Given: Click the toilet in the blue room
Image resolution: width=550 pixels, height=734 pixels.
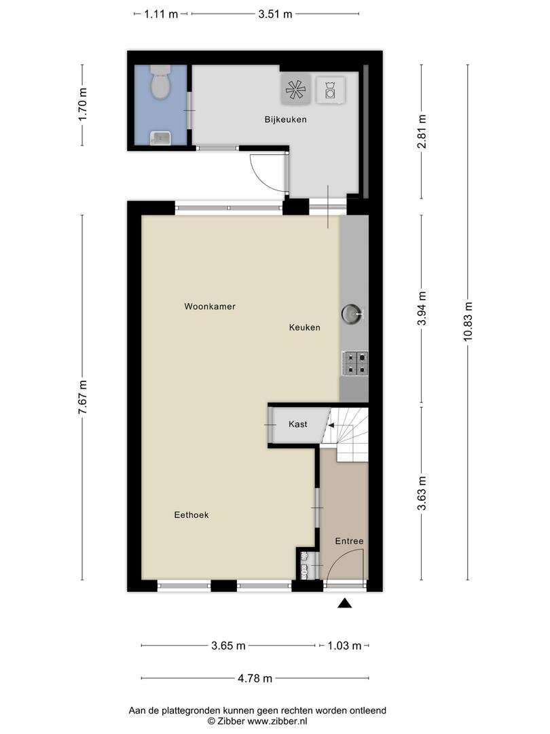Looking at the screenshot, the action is (160, 82).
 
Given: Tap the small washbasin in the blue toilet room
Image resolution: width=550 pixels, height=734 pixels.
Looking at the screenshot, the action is (160, 138).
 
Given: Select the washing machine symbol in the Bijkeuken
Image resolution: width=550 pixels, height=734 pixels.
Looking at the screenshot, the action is (331, 90).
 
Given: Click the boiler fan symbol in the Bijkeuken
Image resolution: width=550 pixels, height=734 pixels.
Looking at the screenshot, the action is (295, 88).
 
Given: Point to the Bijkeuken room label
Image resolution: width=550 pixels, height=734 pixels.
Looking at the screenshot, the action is (285, 120).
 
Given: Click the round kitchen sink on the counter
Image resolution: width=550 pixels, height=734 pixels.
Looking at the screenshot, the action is (352, 313).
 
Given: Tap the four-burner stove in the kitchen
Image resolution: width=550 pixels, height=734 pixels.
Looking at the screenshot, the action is (355, 364).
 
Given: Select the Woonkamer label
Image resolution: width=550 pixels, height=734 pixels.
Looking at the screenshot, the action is (210, 307).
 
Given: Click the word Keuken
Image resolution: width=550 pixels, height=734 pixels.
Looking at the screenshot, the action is (304, 327).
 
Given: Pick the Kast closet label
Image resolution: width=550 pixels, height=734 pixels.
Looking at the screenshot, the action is (298, 424).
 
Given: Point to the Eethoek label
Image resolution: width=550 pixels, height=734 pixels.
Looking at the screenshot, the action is (191, 515).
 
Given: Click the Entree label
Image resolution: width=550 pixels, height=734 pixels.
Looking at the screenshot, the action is (350, 541).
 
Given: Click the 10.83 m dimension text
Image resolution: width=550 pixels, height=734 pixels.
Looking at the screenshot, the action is (468, 321).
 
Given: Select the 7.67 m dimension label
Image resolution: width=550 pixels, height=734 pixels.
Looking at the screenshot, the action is (83, 397).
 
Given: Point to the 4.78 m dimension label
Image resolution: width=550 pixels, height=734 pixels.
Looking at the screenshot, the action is (255, 678).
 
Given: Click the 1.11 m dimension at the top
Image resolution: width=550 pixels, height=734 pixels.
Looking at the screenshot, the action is (161, 14).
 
